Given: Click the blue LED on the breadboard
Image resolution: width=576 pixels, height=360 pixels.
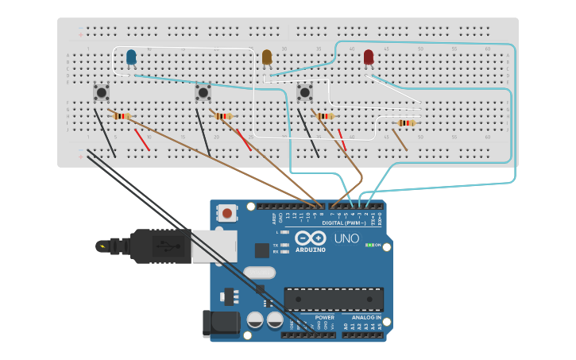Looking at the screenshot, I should pyautogui.click(x=131, y=56).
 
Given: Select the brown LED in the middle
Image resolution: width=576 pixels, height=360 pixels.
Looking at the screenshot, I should pyautogui.click(x=267, y=56).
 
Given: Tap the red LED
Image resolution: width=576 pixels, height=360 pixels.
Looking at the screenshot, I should pyautogui.click(x=369, y=56).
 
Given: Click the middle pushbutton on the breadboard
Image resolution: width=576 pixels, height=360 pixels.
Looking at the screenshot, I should pyautogui.click(x=203, y=92).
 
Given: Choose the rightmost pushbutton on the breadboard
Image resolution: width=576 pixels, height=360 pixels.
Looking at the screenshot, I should pyautogui.click(x=304, y=92).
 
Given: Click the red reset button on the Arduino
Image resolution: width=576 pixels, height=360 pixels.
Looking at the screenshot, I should pyautogui.click(x=228, y=213).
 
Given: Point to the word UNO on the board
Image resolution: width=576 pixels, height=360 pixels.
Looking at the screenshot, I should pyautogui.click(x=346, y=238).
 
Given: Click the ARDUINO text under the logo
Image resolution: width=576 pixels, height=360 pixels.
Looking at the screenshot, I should pyautogui.click(x=311, y=250).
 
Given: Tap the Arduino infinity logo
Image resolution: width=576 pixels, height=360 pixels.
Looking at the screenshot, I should pyautogui.click(x=311, y=238).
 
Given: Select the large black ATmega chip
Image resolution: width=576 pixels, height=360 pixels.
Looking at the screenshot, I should pyautogui.click(x=334, y=299).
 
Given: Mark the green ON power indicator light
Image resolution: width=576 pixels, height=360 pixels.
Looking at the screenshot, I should pyautogui.click(x=371, y=245).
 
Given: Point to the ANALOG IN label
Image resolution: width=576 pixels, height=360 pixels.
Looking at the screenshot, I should pyautogui.click(x=367, y=317).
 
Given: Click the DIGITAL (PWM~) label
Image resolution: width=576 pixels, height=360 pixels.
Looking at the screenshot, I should pyautogui.click(x=344, y=223).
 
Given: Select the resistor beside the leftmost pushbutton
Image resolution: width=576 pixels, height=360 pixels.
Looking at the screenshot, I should pyautogui.click(x=122, y=116).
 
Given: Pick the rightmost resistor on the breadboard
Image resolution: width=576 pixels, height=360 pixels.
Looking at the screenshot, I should pyautogui.click(x=407, y=122).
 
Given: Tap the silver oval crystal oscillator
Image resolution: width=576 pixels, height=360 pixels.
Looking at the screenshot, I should pyautogui.click(x=259, y=273).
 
